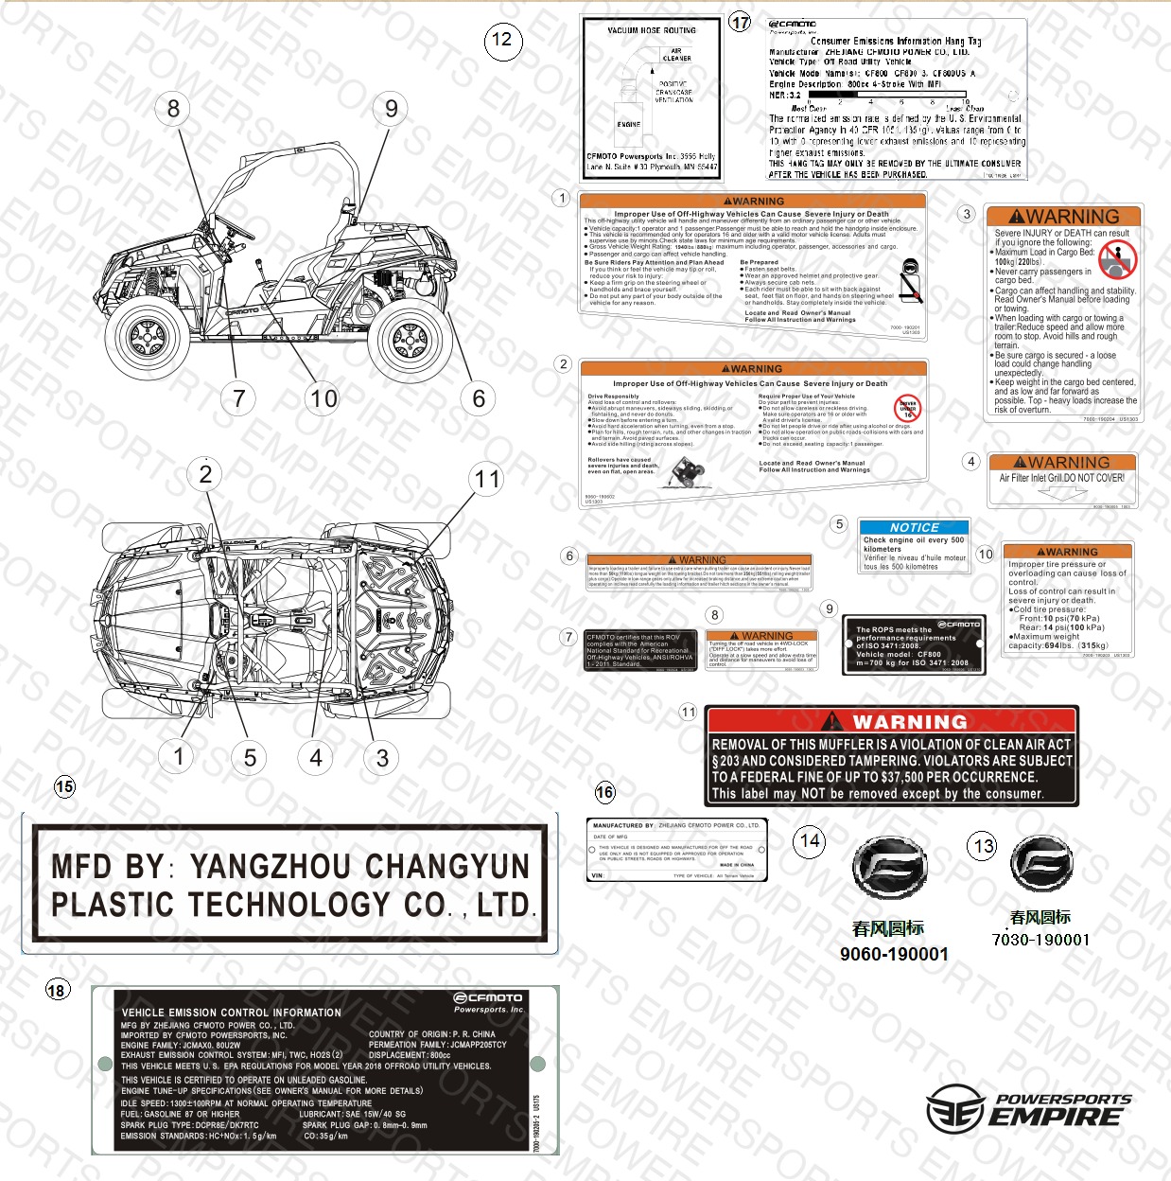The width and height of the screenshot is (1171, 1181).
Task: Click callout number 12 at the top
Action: [x=502, y=40]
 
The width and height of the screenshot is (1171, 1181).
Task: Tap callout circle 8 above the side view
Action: [x=173, y=109]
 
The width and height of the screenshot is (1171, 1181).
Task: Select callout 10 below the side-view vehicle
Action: [x=323, y=398]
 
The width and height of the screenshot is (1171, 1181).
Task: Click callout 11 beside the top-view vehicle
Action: [x=487, y=479]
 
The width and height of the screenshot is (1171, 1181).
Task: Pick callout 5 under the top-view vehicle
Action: [x=250, y=757]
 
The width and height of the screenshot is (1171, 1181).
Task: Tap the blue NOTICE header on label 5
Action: [x=914, y=527]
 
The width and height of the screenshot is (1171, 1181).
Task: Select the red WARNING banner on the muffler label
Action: [x=892, y=721]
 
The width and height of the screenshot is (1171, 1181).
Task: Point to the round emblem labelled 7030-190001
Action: [x=1040, y=862]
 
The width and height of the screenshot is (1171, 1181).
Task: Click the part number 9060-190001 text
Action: [x=894, y=954]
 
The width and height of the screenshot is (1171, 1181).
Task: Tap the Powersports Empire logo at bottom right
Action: [x=1029, y=1109]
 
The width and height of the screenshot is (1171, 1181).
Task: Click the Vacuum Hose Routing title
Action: [x=652, y=30]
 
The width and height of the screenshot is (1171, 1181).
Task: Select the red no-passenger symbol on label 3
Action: [x=1117, y=258]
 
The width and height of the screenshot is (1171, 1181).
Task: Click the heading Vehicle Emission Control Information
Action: [x=232, y=1013]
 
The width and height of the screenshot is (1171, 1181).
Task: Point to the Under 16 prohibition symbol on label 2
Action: [x=907, y=408]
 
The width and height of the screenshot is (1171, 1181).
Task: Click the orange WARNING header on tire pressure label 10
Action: [x=1068, y=552]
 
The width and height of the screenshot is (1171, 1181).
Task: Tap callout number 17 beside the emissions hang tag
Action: [x=740, y=23]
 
